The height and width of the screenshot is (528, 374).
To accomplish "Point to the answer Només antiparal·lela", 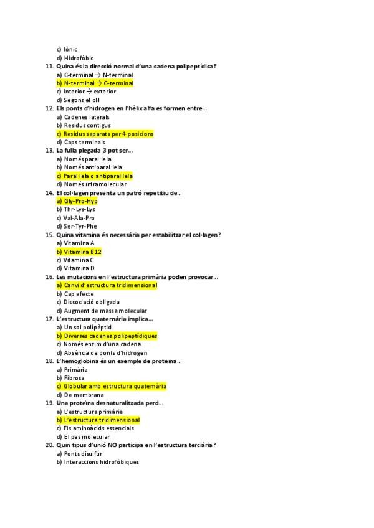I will coord(93,167).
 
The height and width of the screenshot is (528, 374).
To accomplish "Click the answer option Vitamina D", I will coord(79,268).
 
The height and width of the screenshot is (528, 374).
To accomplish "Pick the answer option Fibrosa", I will coord(74,378).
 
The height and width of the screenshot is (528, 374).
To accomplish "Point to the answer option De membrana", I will coord(84,395).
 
